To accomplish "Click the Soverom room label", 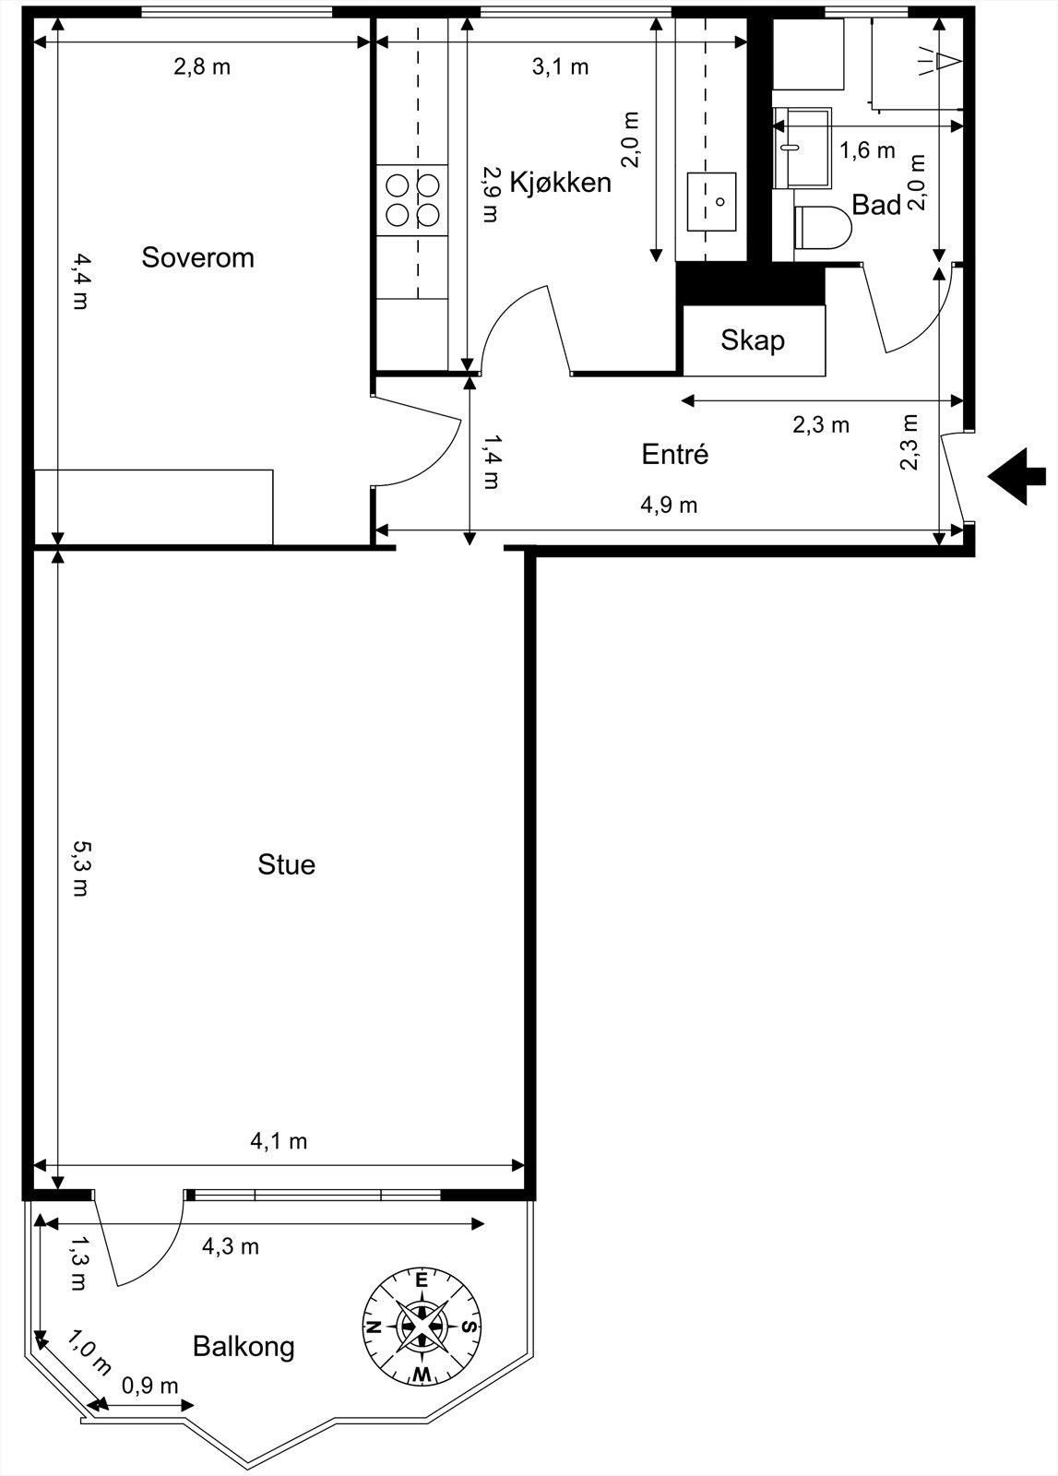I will click(x=197, y=257).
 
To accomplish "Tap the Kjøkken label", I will click(x=560, y=182).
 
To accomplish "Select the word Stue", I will click(x=286, y=864).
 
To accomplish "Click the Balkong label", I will click(x=244, y=1346).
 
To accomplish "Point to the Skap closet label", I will click(x=753, y=340).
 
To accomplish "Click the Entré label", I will click(x=674, y=454).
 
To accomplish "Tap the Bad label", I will click(x=875, y=205).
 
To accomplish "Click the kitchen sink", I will click(x=711, y=201).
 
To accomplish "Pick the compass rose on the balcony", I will click(x=422, y=1326).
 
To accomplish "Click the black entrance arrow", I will click(x=1017, y=477).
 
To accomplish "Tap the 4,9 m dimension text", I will click(x=669, y=505).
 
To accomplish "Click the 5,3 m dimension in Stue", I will click(x=81, y=867).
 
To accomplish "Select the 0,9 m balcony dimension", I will click(x=149, y=1386).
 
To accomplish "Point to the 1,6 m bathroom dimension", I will click(x=867, y=149).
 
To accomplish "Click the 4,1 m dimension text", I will click(x=279, y=1141).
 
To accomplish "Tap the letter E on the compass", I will click(x=422, y=1280).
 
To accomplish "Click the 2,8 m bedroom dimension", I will click(x=202, y=66).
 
